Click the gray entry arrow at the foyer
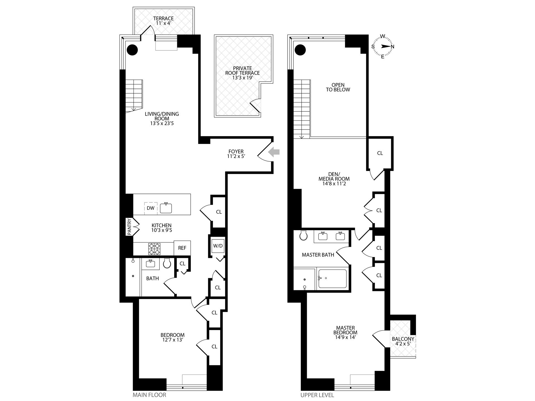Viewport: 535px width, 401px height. (x=274, y=152)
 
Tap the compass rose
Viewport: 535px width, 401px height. (x=383, y=47)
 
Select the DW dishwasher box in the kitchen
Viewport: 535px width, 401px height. (x=150, y=208)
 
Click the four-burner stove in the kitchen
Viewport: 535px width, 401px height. (x=154, y=249)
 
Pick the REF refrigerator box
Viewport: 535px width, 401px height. (x=182, y=248)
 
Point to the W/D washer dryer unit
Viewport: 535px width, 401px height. (x=218, y=246)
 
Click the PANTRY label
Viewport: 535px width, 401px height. (x=129, y=227)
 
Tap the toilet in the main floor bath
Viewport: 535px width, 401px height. (x=167, y=263)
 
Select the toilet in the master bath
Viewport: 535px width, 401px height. (x=303, y=235)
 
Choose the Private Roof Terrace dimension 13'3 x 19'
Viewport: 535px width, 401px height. (x=242, y=78)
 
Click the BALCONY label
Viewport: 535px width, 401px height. (x=403, y=339)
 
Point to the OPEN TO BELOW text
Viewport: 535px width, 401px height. (x=338, y=87)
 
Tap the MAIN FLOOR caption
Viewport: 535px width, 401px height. (x=149, y=395)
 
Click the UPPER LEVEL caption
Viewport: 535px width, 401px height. (x=317, y=395)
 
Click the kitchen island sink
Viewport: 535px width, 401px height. (x=166, y=208)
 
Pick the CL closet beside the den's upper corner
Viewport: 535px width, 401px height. (x=380, y=153)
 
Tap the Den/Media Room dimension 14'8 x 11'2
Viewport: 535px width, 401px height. (x=334, y=184)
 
